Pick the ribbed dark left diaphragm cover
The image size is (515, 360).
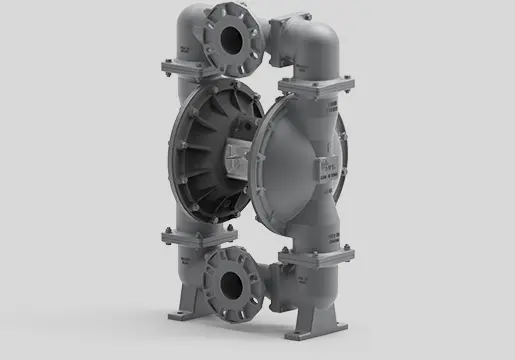(205, 150)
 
